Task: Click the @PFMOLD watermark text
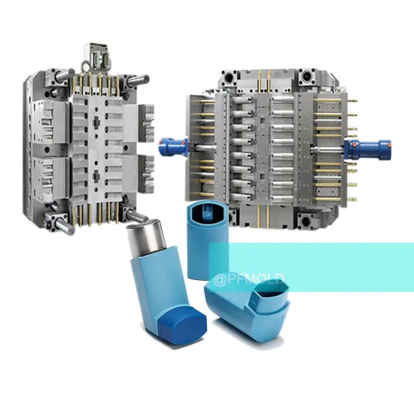pyautogui.click(x=248, y=279)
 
